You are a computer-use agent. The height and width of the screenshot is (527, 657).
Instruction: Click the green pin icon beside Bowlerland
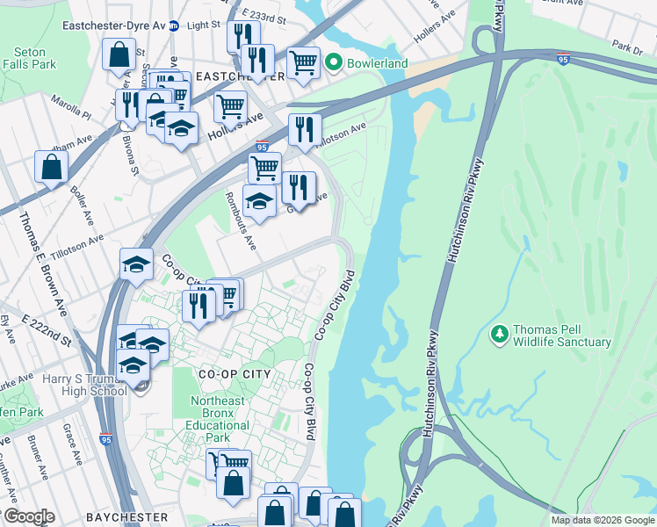point(333,63)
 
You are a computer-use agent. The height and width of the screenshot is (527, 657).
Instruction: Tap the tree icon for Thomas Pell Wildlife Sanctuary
point(500,334)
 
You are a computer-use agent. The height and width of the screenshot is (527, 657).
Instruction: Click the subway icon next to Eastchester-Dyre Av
point(175,25)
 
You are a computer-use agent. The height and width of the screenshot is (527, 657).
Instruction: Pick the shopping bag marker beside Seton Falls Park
point(119,54)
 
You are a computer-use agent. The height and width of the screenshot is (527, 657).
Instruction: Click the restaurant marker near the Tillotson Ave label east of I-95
point(305,128)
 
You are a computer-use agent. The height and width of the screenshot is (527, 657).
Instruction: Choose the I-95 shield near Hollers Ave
point(262,148)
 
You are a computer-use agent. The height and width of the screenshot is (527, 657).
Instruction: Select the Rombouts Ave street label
point(240,220)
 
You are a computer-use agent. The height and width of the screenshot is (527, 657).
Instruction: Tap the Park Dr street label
point(627,45)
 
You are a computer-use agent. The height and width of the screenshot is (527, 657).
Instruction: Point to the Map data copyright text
point(602,520)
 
